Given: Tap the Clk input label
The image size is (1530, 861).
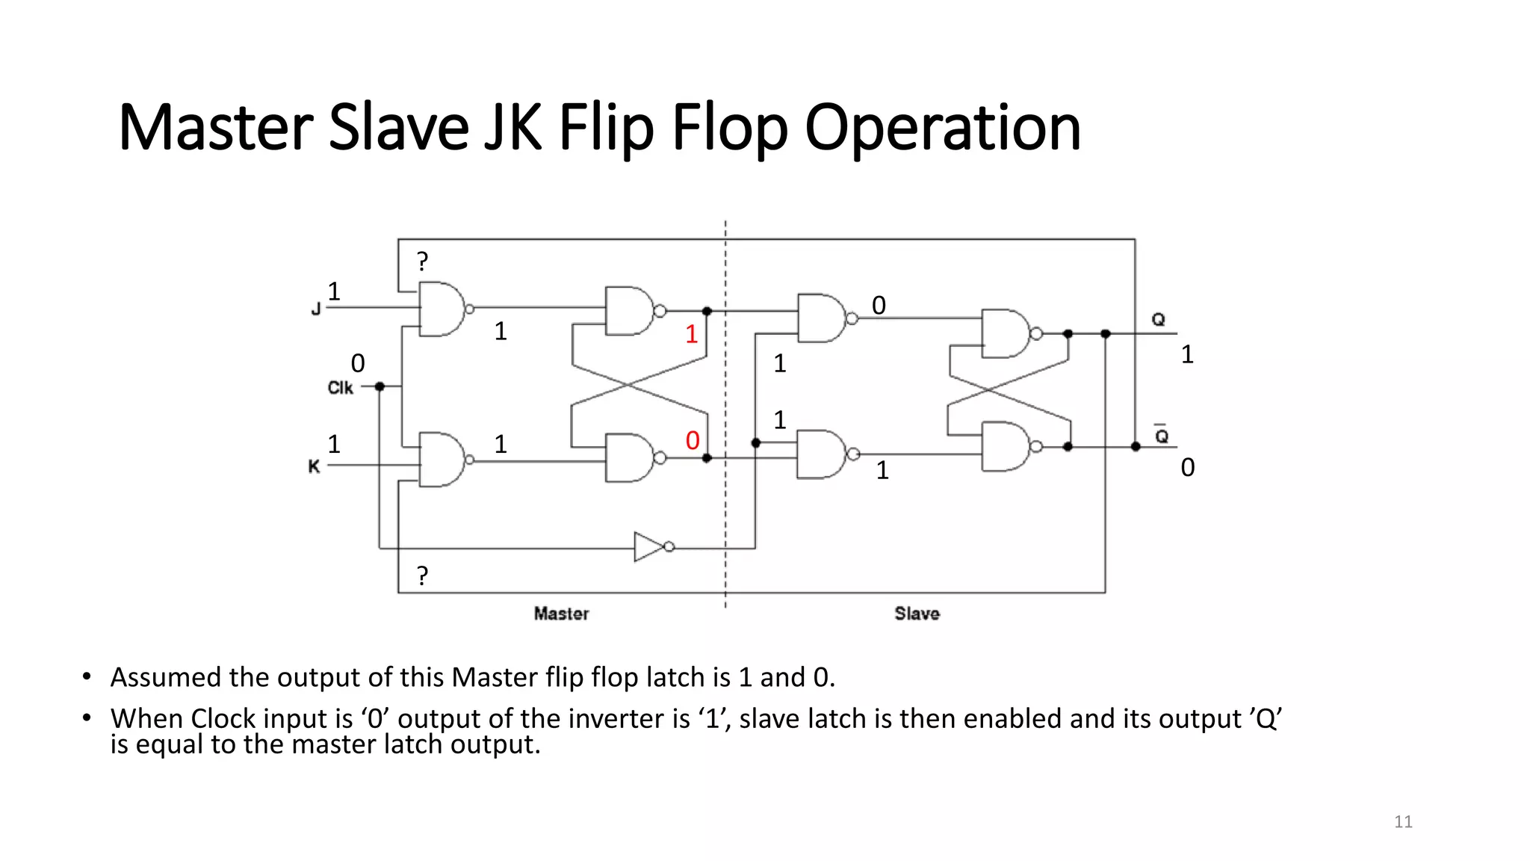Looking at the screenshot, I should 340,388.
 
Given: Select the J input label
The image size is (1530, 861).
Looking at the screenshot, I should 316,309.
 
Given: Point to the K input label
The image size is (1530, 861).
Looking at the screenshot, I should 314,466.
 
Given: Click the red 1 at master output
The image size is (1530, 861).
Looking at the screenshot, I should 692,334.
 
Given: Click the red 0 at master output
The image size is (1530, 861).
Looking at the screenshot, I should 693,440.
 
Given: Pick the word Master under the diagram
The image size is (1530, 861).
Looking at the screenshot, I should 561,614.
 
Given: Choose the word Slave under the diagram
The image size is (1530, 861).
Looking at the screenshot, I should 917,614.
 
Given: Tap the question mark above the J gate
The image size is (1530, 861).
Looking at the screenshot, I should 423,262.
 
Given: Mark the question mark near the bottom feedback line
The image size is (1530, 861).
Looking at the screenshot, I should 423,575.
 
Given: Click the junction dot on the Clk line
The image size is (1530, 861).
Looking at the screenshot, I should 380,386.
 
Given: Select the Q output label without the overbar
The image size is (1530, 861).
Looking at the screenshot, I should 1158,320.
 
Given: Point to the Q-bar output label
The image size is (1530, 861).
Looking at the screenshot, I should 1162,435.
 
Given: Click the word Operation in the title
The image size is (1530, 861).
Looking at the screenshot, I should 943,128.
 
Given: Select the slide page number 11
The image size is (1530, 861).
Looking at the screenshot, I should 1403,822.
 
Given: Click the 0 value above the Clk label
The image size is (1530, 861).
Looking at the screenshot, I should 358,363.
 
